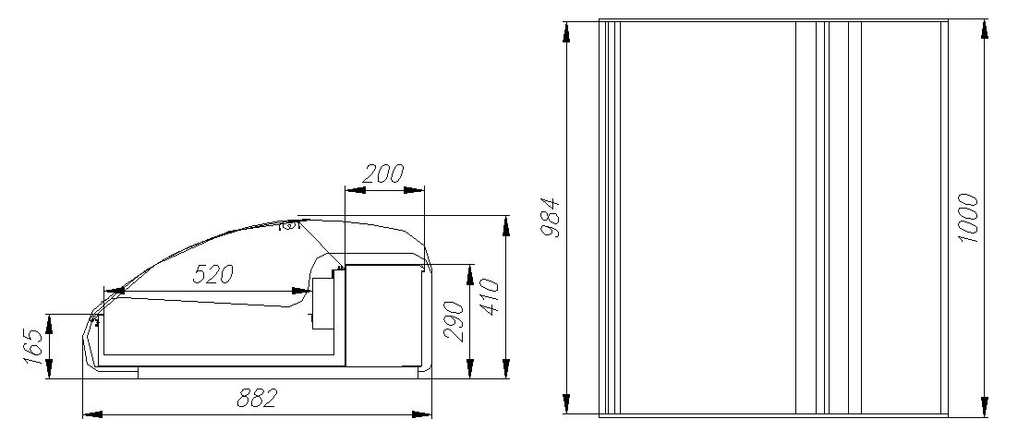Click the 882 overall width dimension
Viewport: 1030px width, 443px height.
click(258, 398)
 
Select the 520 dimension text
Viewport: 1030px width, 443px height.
click(212, 273)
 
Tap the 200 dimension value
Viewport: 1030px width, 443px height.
click(384, 174)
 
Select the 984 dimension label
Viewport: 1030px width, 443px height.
click(550, 218)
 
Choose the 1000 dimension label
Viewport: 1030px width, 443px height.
click(967, 218)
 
